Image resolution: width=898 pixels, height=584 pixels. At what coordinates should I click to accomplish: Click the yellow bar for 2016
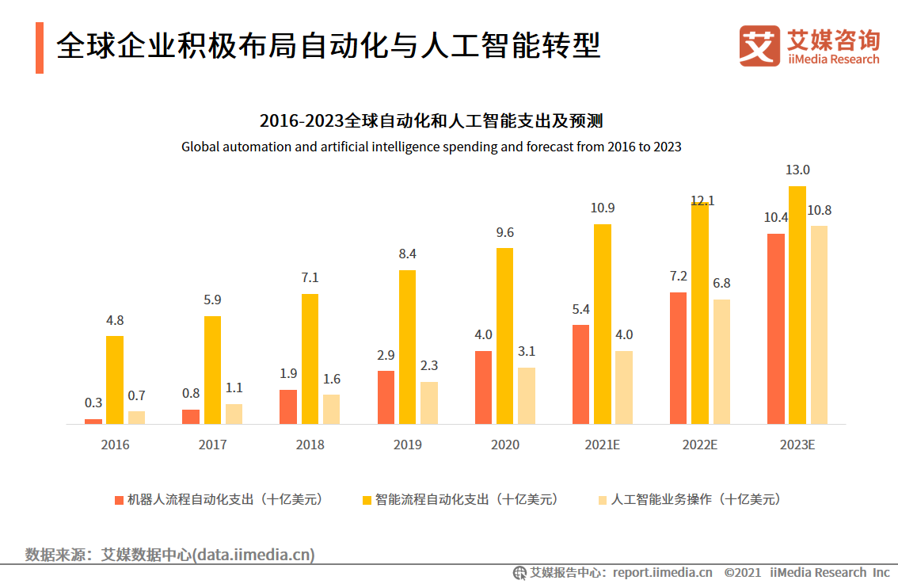point(115,380)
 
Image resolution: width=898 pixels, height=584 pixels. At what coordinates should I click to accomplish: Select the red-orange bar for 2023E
point(776,329)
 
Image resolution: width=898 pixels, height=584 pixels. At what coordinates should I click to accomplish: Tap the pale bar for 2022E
point(721,361)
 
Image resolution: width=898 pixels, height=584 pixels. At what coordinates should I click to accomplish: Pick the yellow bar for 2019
point(407,347)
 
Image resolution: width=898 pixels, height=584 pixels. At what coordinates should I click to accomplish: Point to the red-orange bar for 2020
point(483,387)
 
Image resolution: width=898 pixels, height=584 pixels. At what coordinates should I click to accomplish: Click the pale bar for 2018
point(331,409)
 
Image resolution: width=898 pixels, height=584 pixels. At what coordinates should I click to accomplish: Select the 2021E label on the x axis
point(602,445)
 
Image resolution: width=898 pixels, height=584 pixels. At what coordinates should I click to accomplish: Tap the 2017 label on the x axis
point(212,445)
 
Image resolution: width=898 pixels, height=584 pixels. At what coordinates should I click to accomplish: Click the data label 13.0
point(797,170)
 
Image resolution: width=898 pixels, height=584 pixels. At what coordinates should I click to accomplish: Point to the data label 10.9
point(603,208)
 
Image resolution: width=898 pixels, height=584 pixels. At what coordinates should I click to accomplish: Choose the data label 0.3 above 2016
point(93,403)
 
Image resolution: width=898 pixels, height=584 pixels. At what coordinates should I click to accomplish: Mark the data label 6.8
point(721,283)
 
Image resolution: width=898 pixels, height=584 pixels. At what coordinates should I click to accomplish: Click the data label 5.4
point(581,309)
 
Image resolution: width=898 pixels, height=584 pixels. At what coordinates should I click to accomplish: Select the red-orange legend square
point(120,500)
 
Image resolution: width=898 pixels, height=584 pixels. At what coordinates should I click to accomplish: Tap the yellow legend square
point(367,500)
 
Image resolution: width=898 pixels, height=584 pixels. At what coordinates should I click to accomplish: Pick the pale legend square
point(603,500)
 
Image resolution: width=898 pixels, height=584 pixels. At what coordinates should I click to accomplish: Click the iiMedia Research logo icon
point(759,46)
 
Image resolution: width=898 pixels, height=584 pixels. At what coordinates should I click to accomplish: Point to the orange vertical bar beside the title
point(40,48)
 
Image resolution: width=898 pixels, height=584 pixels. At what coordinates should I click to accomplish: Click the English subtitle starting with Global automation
point(432,147)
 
